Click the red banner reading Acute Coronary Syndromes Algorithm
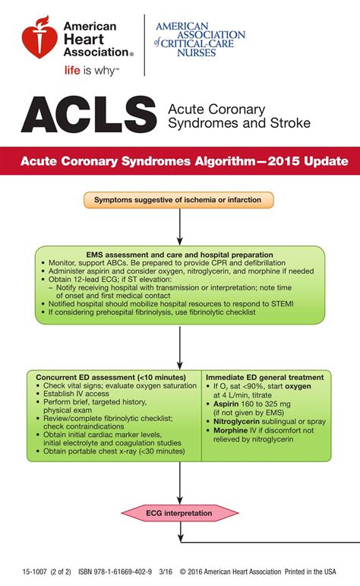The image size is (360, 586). (x=180, y=162)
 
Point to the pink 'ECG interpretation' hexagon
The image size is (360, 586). (x=179, y=513)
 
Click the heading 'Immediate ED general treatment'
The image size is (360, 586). (x=265, y=377)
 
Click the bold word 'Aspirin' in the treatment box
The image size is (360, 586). (x=227, y=404)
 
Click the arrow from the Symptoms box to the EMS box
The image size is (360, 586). (x=180, y=227)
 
